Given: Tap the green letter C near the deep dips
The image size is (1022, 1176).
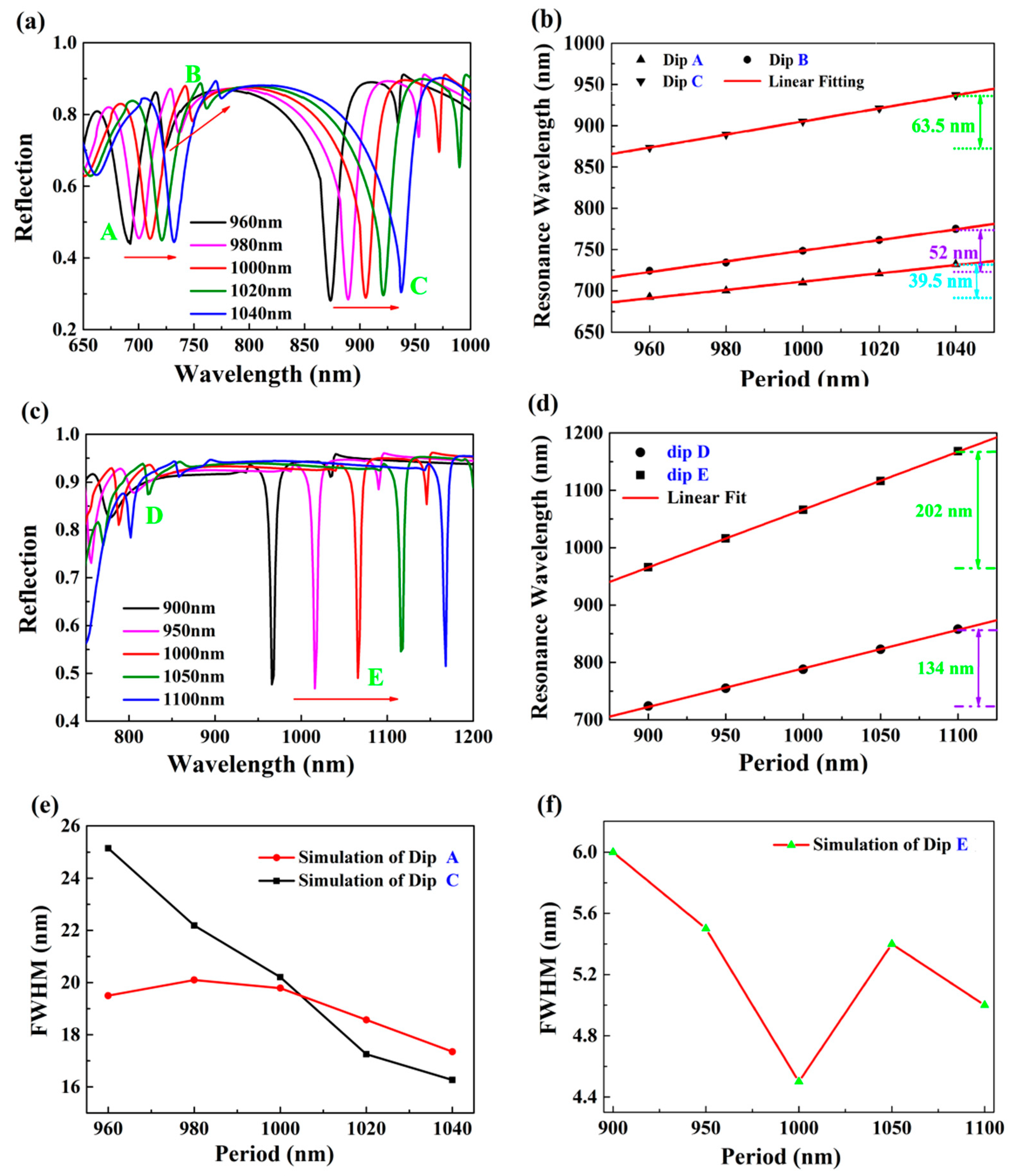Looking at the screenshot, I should pos(419,286).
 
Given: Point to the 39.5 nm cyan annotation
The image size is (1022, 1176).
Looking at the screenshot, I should pos(940,281).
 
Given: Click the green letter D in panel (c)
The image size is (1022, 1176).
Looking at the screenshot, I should pos(154,516).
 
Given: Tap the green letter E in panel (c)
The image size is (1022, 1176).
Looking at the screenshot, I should pos(375,678).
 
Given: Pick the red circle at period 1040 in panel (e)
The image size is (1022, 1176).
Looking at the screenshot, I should pos(452,1052).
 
